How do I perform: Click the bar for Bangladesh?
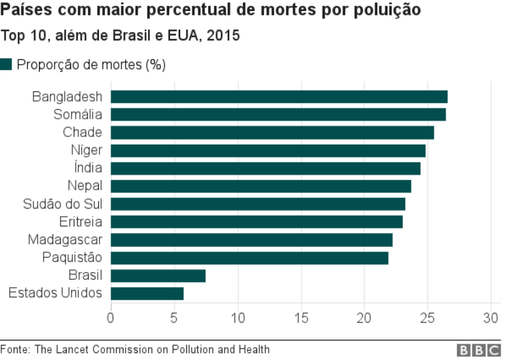[279, 97]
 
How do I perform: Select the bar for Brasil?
[158, 275]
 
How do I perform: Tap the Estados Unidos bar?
[147, 293]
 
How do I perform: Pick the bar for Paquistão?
[250, 258]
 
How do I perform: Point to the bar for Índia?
[265, 168]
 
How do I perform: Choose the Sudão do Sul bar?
[258, 204]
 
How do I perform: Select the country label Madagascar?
[65, 239]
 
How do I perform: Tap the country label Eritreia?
[80, 222]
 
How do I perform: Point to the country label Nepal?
[85, 186]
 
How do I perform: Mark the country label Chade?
[82, 132]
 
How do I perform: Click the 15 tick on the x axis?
[301, 318]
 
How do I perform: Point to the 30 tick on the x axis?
[491, 318]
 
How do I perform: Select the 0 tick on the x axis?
[111, 318]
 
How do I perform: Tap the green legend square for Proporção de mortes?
[6, 65]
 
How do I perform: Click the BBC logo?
[478, 350]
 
